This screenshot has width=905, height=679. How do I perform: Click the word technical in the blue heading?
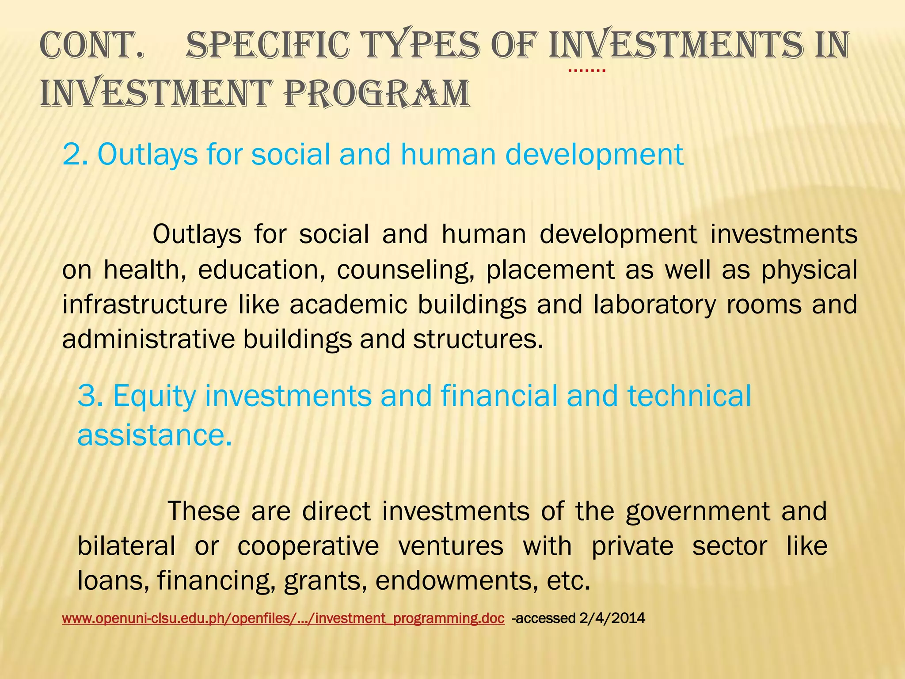[689, 396]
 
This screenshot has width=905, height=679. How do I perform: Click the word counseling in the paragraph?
[405, 271]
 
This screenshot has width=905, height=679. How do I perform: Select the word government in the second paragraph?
[699, 512]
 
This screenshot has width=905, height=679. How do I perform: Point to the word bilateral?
[126, 546]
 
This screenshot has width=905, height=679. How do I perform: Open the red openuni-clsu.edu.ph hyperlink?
[283, 618]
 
